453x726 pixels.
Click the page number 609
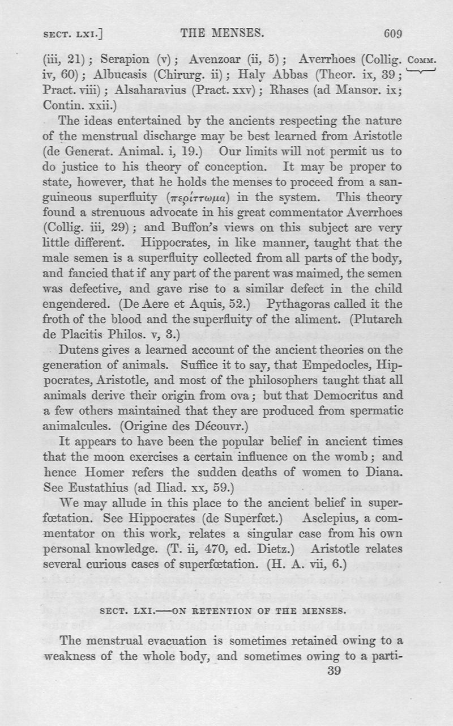(x=393, y=33)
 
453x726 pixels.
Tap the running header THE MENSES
(x=221, y=33)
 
